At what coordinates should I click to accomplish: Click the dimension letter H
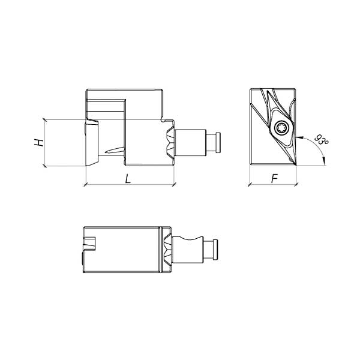(x=39, y=143)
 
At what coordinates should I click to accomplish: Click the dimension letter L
(x=128, y=179)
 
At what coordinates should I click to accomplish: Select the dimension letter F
(x=274, y=179)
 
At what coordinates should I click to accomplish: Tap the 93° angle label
(x=321, y=140)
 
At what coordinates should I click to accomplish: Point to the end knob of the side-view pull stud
(x=218, y=142)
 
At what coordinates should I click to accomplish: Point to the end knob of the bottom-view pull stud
(x=215, y=250)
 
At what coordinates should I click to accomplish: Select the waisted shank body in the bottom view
(x=188, y=250)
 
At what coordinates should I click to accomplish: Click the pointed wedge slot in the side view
(x=115, y=151)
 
